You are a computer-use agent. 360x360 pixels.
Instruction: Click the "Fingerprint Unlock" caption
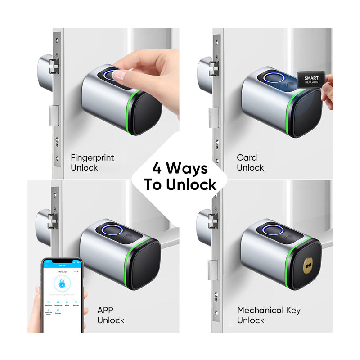click(x=92, y=162)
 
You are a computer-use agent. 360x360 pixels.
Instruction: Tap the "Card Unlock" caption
click(x=250, y=162)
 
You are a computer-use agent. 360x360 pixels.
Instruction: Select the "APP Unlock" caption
click(x=111, y=315)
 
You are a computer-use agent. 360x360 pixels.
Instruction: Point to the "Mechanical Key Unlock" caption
click(x=269, y=315)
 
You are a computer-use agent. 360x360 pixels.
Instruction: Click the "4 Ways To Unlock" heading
click(x=180, y=176)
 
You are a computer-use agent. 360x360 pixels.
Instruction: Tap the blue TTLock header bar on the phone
click(x=62, y=266)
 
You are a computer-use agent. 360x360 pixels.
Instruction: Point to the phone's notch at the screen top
click(x=63, y=261)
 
